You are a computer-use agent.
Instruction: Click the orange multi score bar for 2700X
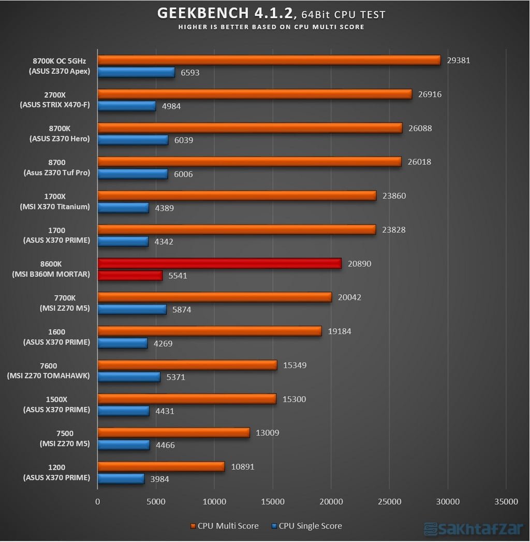click(x=255, y=94)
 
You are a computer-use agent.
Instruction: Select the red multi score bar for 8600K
click(x=219, y=263)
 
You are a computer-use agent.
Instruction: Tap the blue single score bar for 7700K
click(x=132, y=309)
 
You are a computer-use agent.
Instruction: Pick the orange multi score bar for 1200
click(x=161, y=466)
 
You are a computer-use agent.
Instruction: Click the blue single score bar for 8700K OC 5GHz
click(x=136, y=73)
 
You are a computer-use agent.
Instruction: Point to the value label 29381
click(x=458, y=60)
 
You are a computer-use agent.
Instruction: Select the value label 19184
click(x=340, y=331)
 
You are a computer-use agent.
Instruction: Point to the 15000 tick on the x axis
click(x=273, y=502)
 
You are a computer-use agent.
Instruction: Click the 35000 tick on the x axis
click(x=506, y=502)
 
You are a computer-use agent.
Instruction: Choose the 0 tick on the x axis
click(x=98, y=502)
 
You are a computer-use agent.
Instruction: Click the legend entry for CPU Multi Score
click(x=225, y=526)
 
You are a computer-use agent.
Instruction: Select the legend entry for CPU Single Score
click(x=306, y=526)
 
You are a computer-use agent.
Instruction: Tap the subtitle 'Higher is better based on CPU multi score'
click(x=271, y=27)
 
